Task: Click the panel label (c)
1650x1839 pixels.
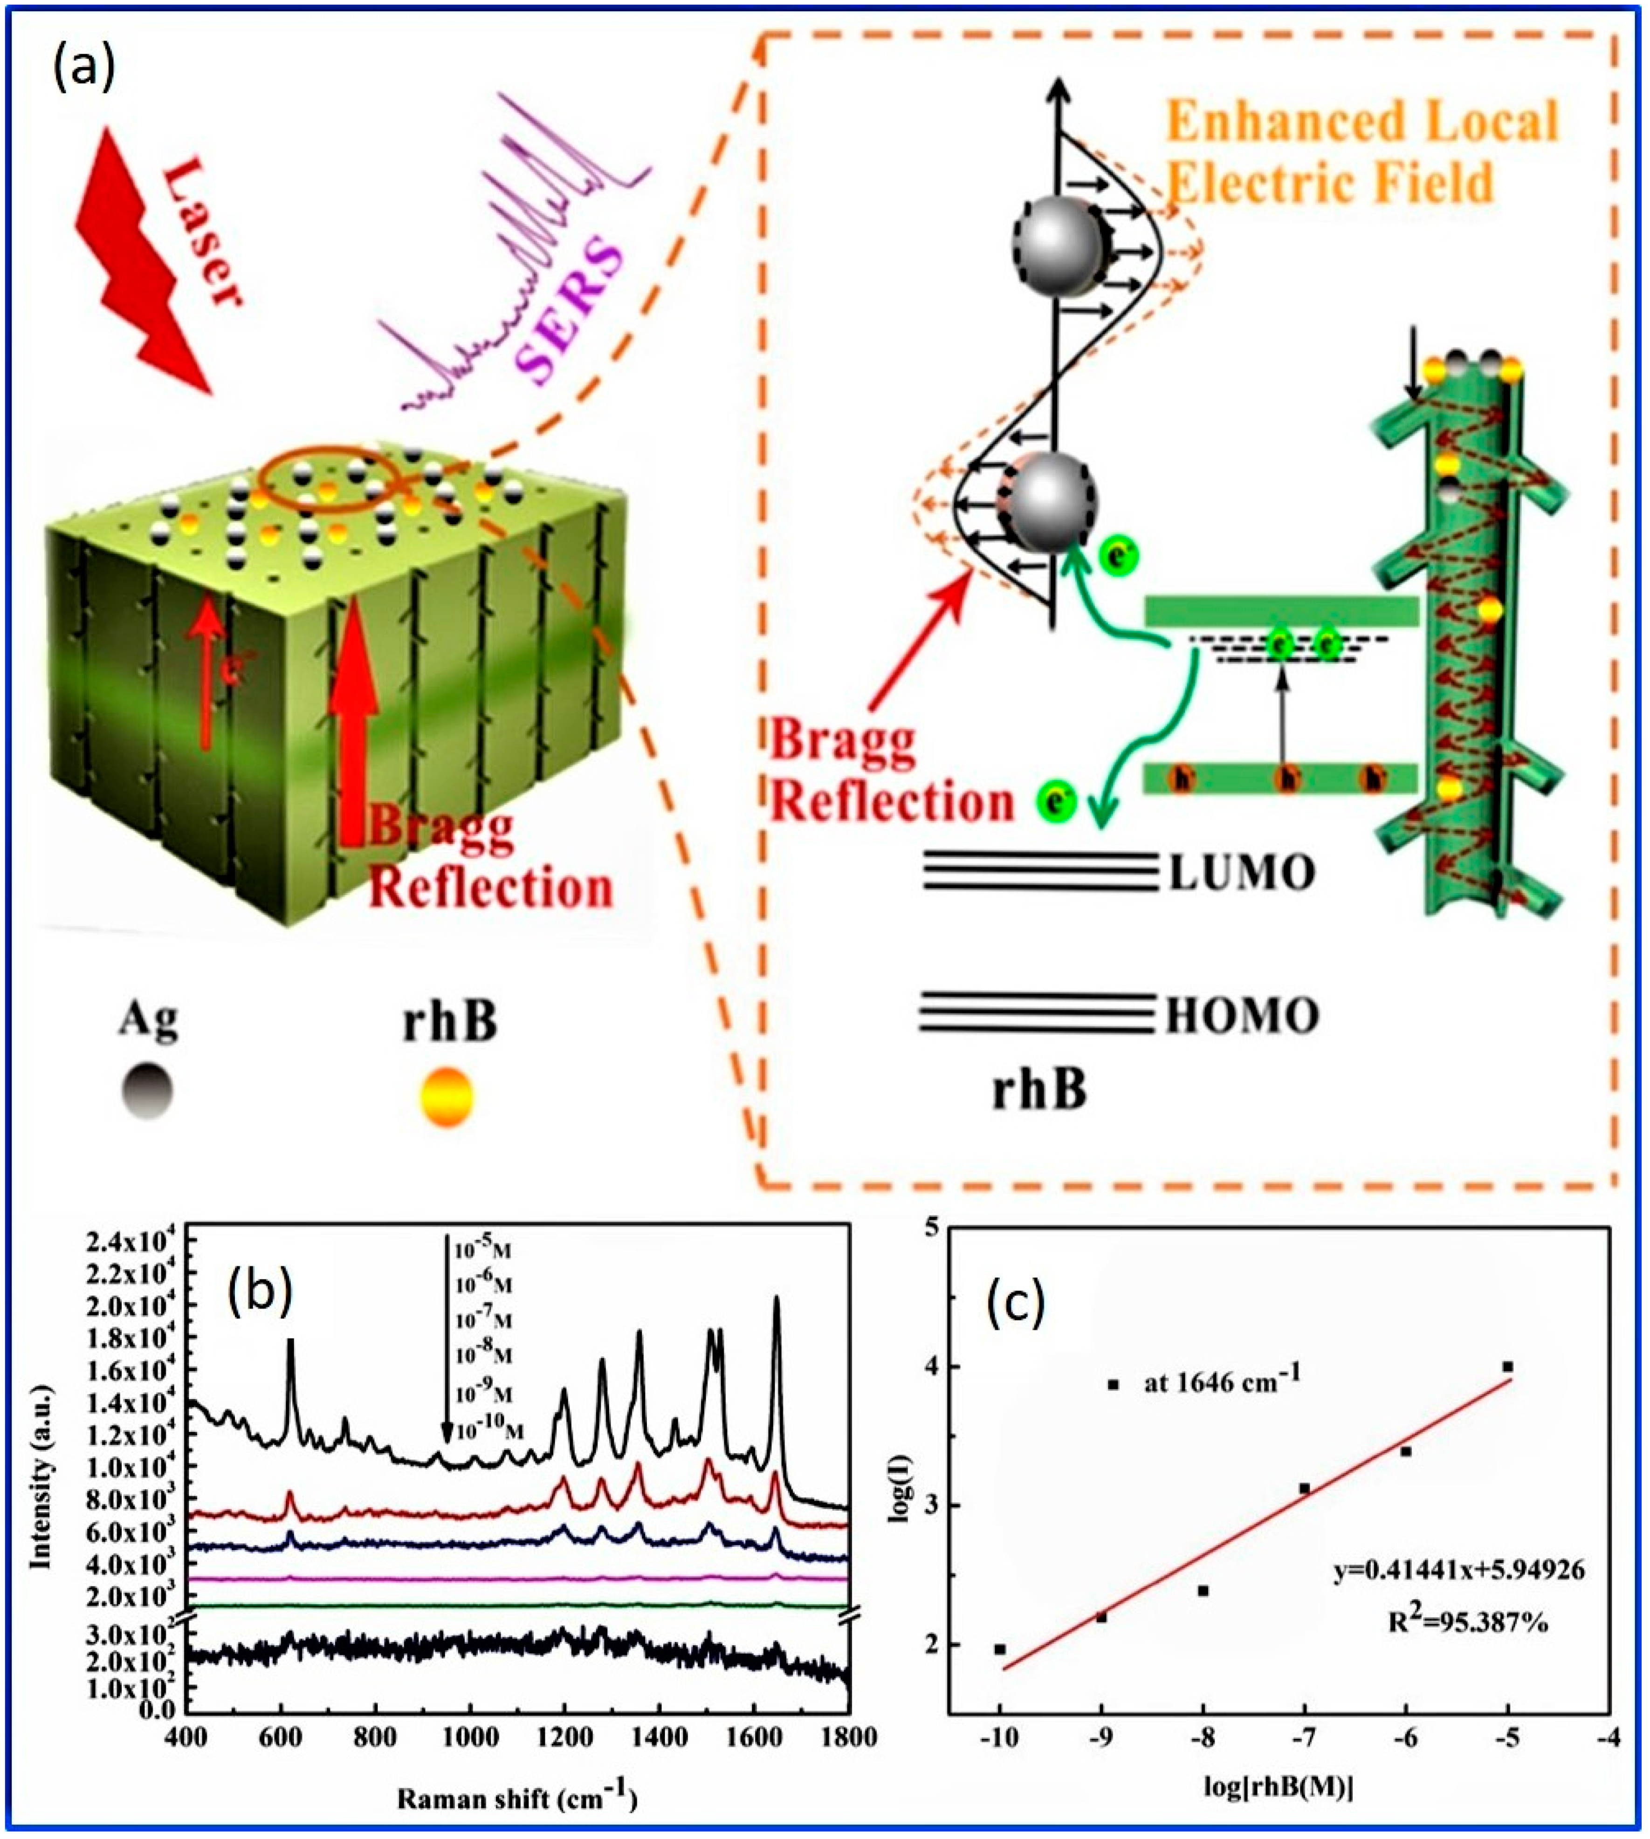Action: (1015, 1302)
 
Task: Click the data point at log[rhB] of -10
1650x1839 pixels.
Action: (999, 1649)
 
